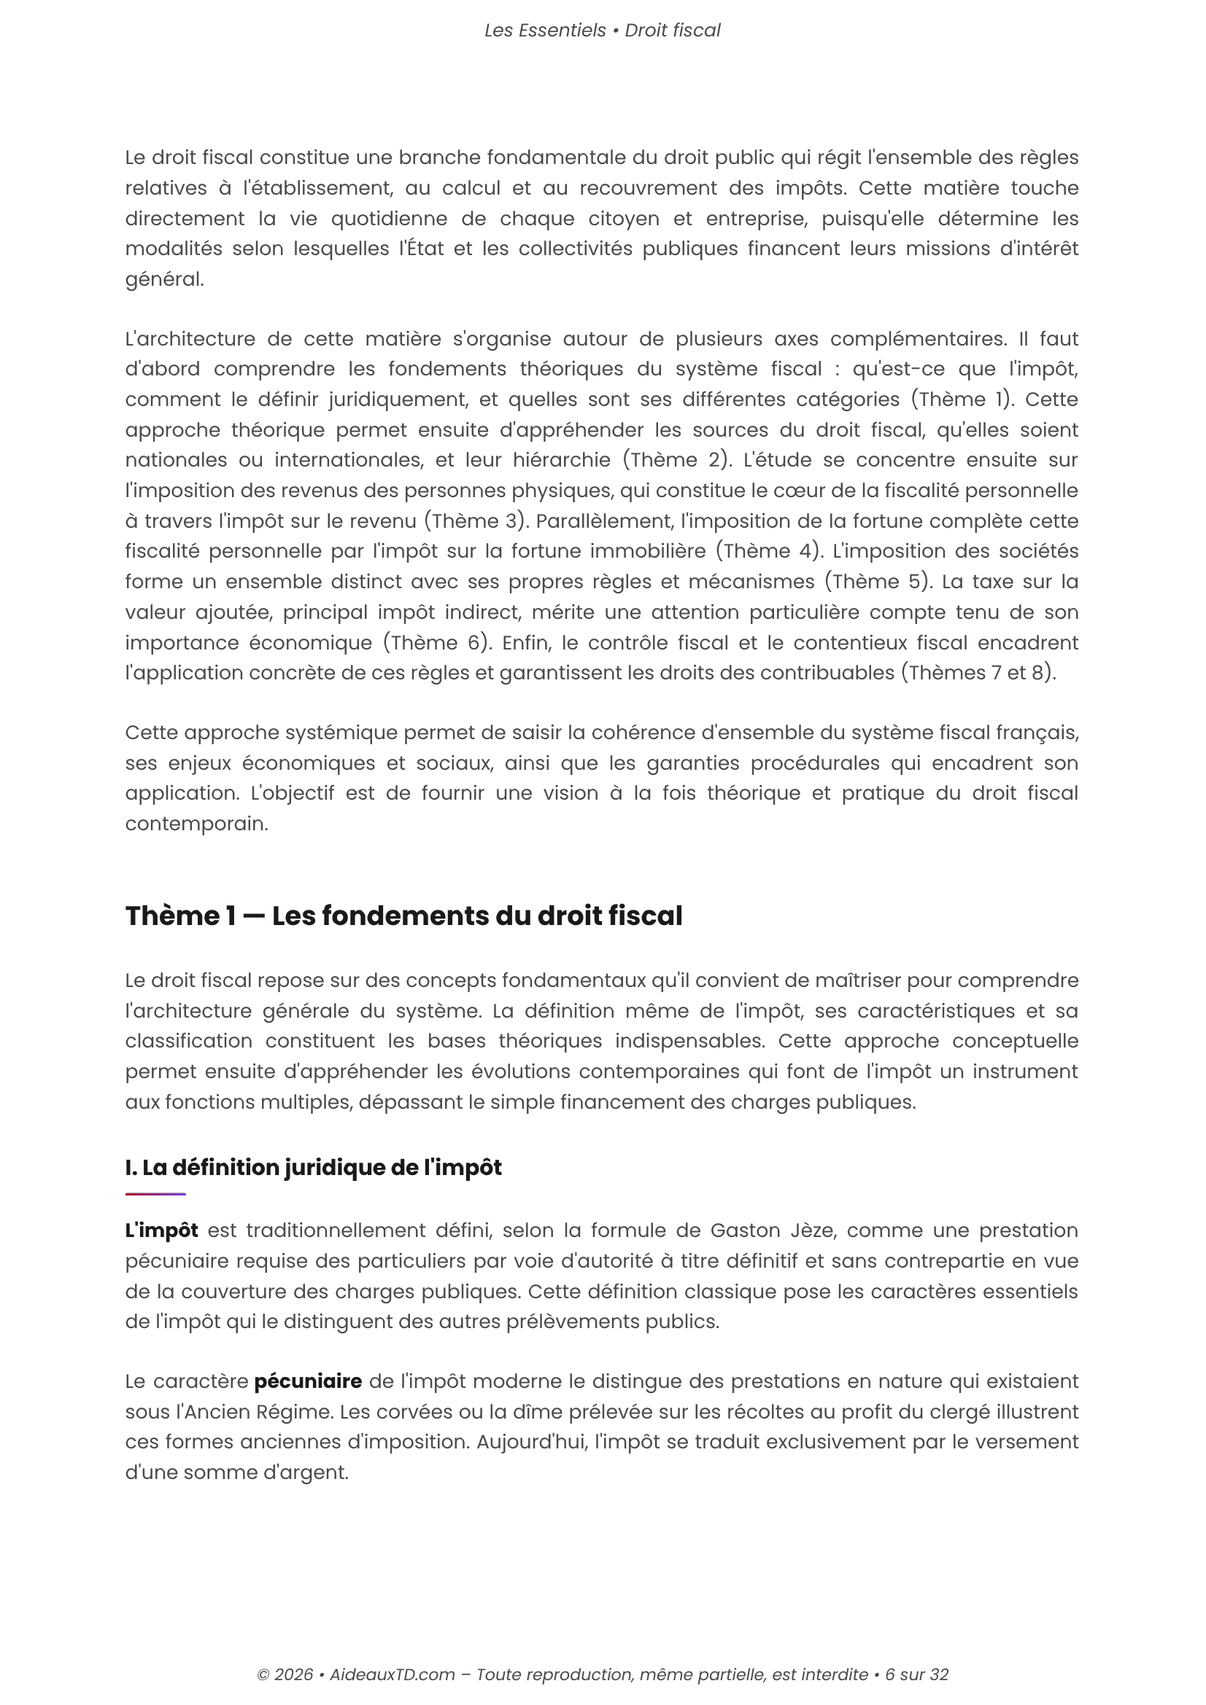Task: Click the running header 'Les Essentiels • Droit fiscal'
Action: pyautogui.click(x=602, y=31)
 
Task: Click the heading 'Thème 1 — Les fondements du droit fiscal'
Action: pyautogui.click(x=403, y=916)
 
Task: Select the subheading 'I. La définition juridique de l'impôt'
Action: pyautogui.click(x=313, y=1167)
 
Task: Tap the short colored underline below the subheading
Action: pyautogui.click(x=155, y=1194)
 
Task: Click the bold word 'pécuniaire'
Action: pyautogui.click(x=308, y=1381)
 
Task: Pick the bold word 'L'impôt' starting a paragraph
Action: pyautogui.click(x=161, y=1230)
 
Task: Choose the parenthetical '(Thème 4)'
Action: pyautogui.click(x=769, y=551)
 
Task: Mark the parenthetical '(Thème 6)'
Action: pyautogui.click(x=438, y=642)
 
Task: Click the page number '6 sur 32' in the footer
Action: pyautogui.click(x=916, y=1674)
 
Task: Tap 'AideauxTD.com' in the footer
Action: pyautogui.click(x=393, y=1674)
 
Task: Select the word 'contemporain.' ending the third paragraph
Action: pyautogui.click(x=196, y=824)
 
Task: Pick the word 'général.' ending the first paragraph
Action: pyautogui.click(x=164, y=279)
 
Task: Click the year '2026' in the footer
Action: pyautogui.click(x=293, y=1674)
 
